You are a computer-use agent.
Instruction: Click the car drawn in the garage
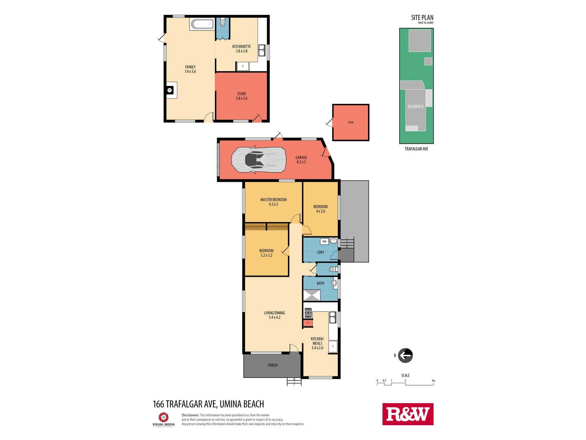(258, 160)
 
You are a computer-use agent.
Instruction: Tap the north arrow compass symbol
(405, 356)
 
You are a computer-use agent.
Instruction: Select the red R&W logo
(408, 414)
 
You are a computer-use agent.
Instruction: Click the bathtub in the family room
(202, 24)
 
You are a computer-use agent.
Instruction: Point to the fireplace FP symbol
(169, 90)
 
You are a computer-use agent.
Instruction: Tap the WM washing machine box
(324, 241)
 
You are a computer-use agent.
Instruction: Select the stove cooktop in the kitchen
(308, 313)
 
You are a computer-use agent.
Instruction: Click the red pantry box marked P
(308, 323)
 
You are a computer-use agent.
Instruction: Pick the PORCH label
(272, 365)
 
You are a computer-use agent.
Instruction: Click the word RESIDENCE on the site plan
(415, 106)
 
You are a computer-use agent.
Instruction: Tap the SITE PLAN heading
(422, 18)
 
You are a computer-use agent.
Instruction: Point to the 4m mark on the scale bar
(433, 381)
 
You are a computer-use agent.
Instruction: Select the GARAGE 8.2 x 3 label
(301, 160)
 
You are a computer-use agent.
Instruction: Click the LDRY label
(321, 252)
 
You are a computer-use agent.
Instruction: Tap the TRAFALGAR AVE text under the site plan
(416, 149)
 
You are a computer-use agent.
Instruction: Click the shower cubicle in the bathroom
(311, 295)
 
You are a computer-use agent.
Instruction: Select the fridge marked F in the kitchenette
(243, 66)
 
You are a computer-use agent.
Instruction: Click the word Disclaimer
(190, 415)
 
